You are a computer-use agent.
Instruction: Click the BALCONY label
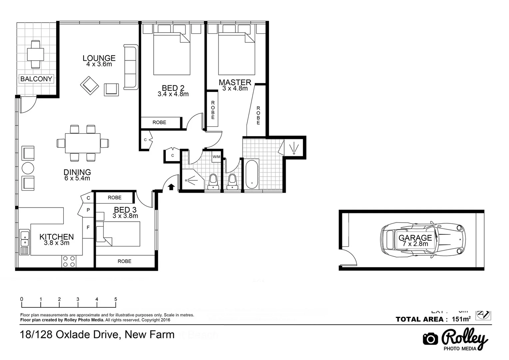click(x=36, y=79)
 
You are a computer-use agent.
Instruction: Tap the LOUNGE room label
click(x=99, y=58)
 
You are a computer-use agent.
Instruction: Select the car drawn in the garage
click(x=423, y=240)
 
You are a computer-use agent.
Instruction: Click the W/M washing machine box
click(x=216, y=157)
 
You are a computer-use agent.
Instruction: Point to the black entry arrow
click(x=171, y=187)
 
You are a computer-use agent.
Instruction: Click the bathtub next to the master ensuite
click(x=252, y=174)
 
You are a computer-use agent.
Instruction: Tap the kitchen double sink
click(x=25, y=238)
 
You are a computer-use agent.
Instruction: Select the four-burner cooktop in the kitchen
click(x=69, y=261)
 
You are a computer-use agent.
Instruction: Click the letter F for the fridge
click(x=88, y=227)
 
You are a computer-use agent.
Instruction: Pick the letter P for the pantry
click(x=88, y=210)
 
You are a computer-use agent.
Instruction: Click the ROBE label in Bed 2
click(x=159, y=122)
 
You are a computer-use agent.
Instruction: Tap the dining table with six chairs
click(x=83, y=143)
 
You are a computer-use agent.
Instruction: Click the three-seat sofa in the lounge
click(x=131, y=67)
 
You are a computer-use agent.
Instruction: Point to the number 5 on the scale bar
click(x=116, y=299)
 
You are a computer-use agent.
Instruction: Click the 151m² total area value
click(x=461, y=319)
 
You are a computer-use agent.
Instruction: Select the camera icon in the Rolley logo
click(x=430, y=339)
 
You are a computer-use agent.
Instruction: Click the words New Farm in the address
click(x=149, y=334)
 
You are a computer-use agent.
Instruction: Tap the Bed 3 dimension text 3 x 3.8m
click(x=125, y=216)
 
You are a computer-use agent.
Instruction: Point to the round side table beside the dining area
click(x=28, y=168)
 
